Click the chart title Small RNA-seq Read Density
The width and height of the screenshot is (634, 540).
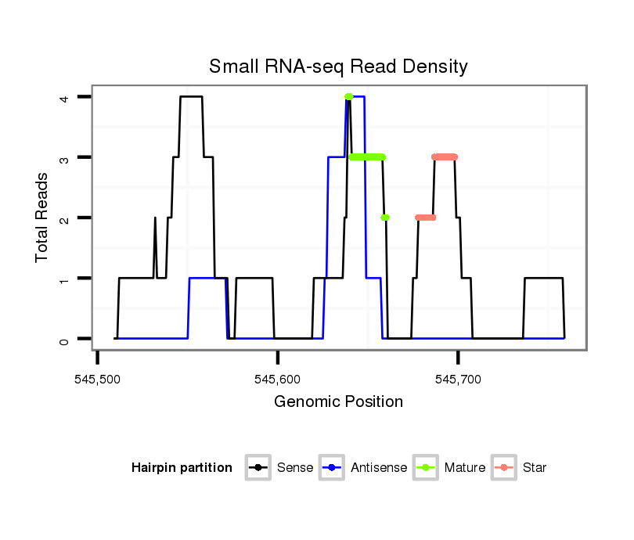point(338,67)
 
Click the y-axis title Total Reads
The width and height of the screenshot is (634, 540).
point(43,218)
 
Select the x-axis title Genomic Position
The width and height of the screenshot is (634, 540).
point(338,402)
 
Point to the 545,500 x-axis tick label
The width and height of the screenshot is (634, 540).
point(97,380)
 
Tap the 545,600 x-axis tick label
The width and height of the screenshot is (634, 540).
point(278,380)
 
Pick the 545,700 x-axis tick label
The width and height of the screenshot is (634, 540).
point(459,380)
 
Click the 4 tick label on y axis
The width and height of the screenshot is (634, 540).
point(64,97)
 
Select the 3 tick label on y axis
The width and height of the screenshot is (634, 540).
point(64,157)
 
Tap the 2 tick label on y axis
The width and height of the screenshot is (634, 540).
point(64,218)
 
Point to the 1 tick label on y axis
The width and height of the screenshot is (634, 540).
point(64,279)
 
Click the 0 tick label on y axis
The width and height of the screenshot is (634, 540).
point(64,339)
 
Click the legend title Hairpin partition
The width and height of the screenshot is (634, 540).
point(182,468)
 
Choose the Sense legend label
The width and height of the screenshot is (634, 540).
point(295,468)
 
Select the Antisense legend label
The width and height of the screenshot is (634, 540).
point(379,468)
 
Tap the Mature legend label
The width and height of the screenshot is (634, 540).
point(465,468)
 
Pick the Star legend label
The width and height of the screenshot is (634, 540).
point(536,468)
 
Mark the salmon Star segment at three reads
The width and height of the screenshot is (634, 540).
point(445,157)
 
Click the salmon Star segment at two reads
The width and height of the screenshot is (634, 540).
point(426,218)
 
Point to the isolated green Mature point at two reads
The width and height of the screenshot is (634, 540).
point(385,218)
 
